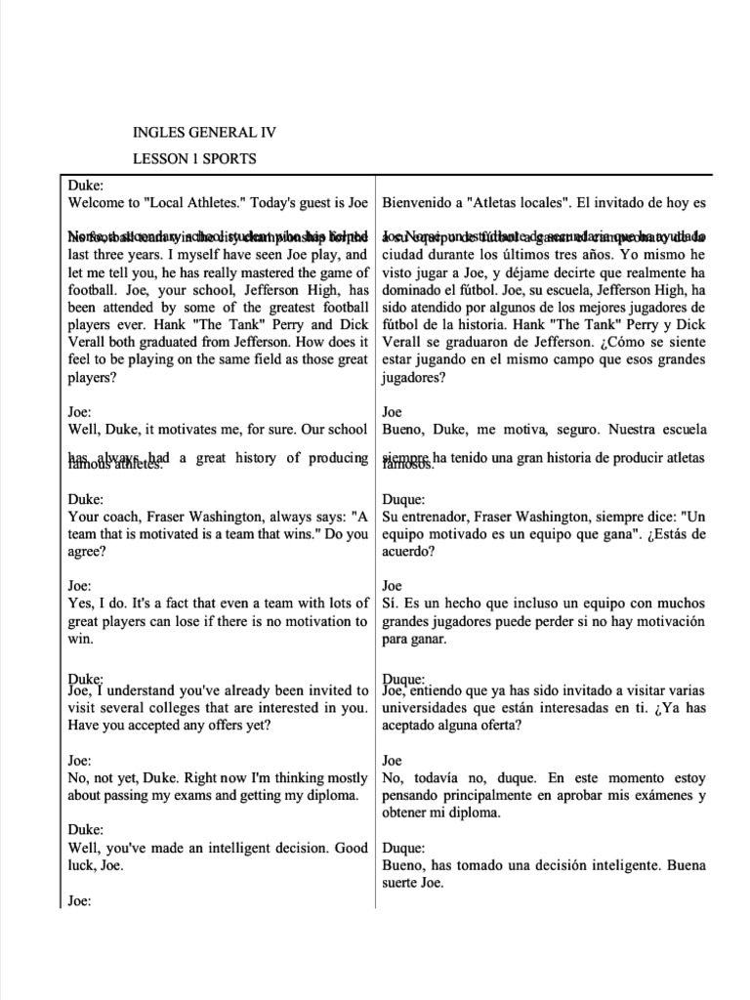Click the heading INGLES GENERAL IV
tap(211, 132)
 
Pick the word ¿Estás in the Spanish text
tap(672, 533)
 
